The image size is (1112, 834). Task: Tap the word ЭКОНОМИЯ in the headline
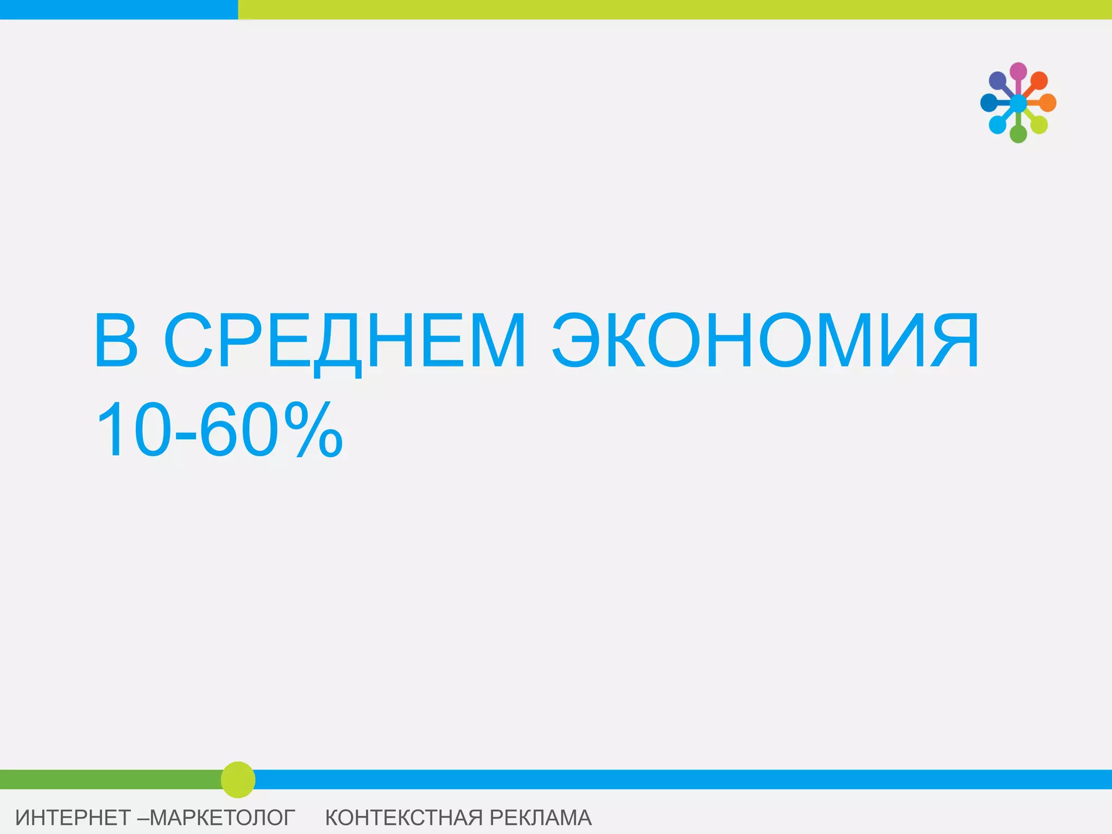[x=766, y=341]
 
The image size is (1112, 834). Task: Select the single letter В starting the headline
[x=116, y=341]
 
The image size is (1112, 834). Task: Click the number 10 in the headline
[x=131, y=429]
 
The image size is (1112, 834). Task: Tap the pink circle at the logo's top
[x=1018, y=71]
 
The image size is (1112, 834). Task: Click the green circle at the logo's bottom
[x=1018, y=134]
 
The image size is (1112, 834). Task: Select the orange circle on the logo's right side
[x=1048, y=103]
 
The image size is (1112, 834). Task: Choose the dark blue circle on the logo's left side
[x=989, y=103]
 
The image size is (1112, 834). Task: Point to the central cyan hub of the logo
[x=1018, y=103]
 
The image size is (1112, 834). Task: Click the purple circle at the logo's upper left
[x=997, y=81]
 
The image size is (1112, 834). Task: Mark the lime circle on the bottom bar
[x=238, y=780]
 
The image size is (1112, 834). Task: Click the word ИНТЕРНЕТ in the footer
[x=73, y=818]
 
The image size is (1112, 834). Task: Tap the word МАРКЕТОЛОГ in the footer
[x=223, y=818]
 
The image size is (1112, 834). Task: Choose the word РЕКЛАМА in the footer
[x=540, y=818]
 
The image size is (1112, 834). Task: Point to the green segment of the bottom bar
[x=109, y=779]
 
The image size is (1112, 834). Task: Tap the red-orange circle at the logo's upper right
[x=1039, y=81]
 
